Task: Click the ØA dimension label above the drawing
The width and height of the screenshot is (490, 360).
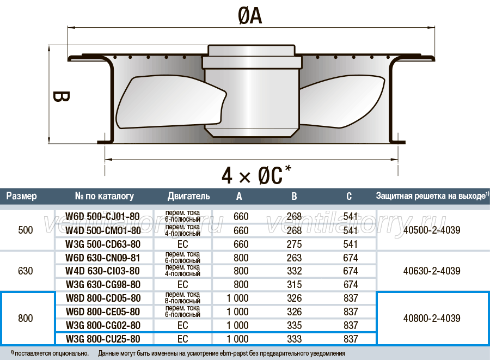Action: (x=250, y=16)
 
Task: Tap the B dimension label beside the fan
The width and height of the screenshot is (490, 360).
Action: (x=60, y=96)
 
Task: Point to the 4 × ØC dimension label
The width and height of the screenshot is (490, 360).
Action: (x=256, y=174)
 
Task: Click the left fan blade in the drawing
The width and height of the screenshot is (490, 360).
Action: (x=170, y=103)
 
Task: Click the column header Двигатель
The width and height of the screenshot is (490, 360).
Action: (x=188, y=196)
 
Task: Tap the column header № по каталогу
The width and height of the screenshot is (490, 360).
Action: (x=105, y=196)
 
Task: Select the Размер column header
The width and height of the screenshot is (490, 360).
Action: (x=22, y=196)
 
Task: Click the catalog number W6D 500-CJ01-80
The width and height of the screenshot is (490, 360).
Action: (x=102, y=216)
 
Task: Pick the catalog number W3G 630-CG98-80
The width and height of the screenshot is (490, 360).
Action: (x=103, y=284)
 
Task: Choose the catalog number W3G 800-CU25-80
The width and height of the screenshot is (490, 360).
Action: (x=103, y=339)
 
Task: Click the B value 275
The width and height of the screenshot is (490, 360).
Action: (x=295, y=244)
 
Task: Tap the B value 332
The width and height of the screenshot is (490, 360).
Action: (x=295, y=271)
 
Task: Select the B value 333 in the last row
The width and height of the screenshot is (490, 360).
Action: (x=295, y=339)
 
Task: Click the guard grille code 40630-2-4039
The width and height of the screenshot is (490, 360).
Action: (x=432, y=271)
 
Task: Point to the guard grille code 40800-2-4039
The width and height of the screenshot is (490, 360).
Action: (x=432, y=318)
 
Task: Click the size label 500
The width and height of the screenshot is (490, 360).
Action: (x=25, y=230)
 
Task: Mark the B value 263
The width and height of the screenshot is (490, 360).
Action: (x=295, y=258)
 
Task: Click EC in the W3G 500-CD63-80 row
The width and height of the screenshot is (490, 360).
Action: (x=183, y=244)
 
